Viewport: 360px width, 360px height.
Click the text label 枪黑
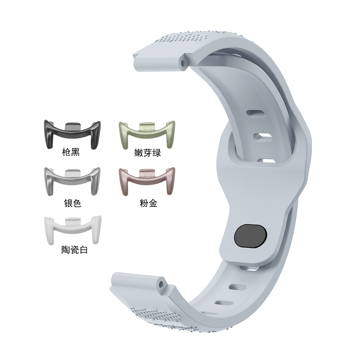pyautogui.click(x=71, y=152)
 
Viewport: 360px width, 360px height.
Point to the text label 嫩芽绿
pyautogui.click(x=147, y=153)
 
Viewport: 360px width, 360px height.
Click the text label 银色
pyautogui.click(x=73, y=203)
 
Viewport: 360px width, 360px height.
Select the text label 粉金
pyautogui.click(x=148, y=203)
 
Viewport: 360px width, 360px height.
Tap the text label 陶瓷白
pyautogui.click(x=75, y=250)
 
